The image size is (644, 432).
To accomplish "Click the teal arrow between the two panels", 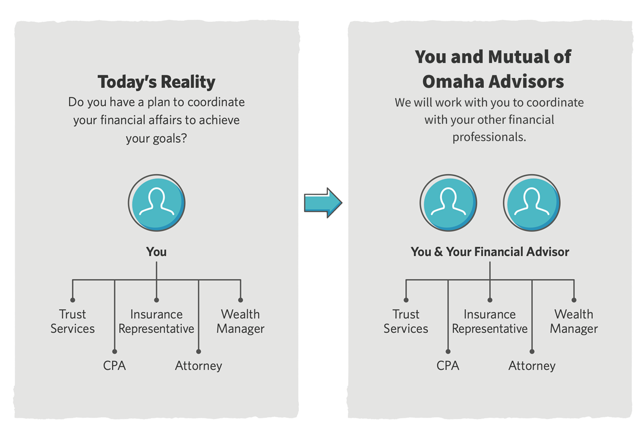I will [322, 203].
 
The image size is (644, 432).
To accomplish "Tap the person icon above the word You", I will [156, 202].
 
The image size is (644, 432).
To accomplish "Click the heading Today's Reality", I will [156, 82].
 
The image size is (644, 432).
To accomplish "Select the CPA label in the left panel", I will [114, 366].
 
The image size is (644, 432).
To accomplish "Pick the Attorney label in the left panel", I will [199, 366].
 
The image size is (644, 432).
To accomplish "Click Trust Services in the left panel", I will [72, 321].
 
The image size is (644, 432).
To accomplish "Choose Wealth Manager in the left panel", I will [241, 321].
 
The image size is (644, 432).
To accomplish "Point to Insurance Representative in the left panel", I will [156, 321].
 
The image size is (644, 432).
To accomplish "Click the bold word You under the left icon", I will [156, 252].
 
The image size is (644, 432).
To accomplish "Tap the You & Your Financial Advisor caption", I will [490, 252].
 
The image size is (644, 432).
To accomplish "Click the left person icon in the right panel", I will [448, 202].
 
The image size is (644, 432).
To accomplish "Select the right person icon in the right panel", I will [531, 202].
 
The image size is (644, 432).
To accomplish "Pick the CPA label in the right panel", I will [448, 366].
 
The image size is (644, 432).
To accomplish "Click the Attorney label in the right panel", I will [532, 366].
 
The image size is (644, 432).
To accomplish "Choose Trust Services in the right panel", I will [406, 321].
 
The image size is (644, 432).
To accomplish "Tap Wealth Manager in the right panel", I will [574, 321].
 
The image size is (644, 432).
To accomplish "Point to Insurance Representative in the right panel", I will [490, 321].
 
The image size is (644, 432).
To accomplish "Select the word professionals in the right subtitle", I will [489, 137].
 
